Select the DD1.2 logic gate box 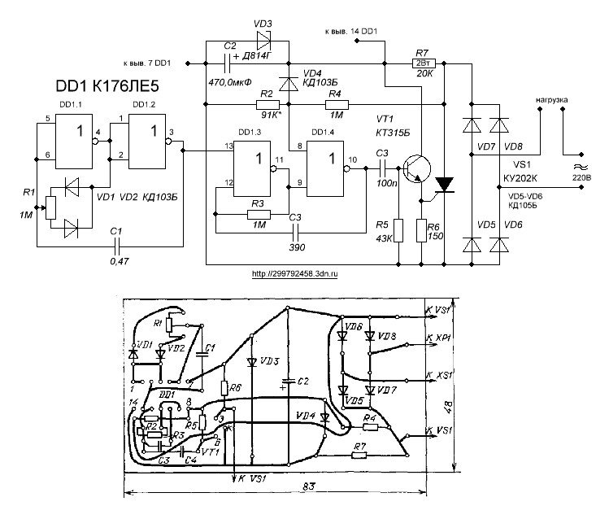coord(146,137)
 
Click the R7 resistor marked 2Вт coord(423,63)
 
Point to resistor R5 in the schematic coord(399,230)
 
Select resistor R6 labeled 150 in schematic coord(422,230)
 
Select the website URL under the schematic coord(294,274)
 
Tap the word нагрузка coord(550,100)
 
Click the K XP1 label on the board coord(440,335)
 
